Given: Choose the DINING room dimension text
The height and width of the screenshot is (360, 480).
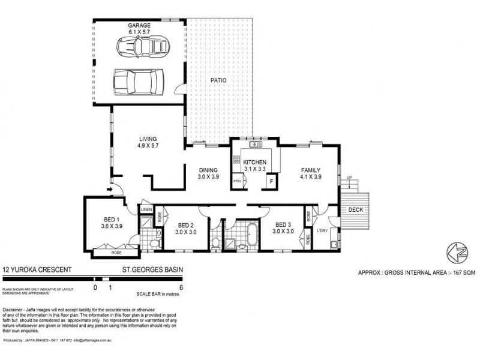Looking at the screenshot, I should coord(209,176).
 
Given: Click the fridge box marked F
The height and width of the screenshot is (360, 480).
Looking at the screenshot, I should coord(271,181).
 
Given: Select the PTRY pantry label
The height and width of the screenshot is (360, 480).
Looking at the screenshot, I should coord(238,181).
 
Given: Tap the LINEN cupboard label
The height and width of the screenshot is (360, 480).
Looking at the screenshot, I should coord(146,209).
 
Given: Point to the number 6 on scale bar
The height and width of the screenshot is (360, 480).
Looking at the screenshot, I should coord(181,287).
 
